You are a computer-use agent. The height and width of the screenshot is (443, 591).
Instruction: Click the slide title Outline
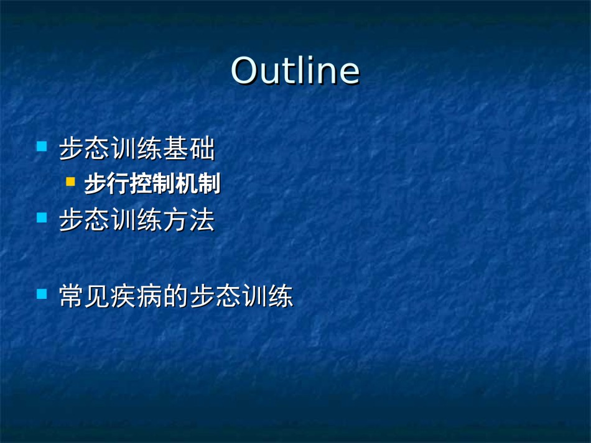tap(295, 70)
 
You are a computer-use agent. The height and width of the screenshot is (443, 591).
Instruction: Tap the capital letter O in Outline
tap(244, 70)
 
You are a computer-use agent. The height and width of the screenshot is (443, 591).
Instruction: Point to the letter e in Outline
tap(349, 74)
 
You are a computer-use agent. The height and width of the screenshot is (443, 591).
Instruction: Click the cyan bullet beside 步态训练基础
tap(42, 146)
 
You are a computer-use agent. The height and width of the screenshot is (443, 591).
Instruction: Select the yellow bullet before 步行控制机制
tap(70, 182)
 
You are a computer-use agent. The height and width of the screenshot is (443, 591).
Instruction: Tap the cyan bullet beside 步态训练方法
tap(42, 217)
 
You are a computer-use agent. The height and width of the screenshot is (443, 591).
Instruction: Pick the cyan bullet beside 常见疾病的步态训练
tap(42, 294)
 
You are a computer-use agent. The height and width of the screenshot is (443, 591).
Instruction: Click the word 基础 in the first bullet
tap(189, 148)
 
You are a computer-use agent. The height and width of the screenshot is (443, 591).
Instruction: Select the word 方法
tap(189, 220)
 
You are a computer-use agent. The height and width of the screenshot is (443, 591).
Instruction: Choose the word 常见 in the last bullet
tap(85, 296)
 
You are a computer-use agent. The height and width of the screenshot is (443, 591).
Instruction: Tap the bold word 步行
tap(107, 184)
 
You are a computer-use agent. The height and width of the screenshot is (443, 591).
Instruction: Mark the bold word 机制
tap(198, 184)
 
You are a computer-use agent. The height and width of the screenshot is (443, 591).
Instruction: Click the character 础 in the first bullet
tap(202, 148)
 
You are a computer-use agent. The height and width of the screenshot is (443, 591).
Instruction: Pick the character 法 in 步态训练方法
tap(202, 220)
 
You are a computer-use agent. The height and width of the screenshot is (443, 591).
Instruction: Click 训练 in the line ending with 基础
tap(137, 148)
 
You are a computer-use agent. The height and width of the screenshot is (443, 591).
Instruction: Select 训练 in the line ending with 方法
tap(137, 220)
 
